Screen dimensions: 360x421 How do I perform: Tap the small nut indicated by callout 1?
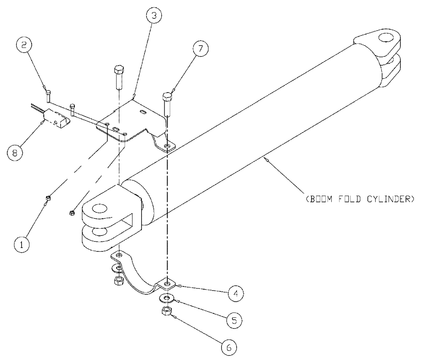tap(48, 197)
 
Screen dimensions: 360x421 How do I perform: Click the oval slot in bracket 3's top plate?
tap(144, 112)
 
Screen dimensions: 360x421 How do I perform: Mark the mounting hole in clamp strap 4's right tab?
tap(168, 285)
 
